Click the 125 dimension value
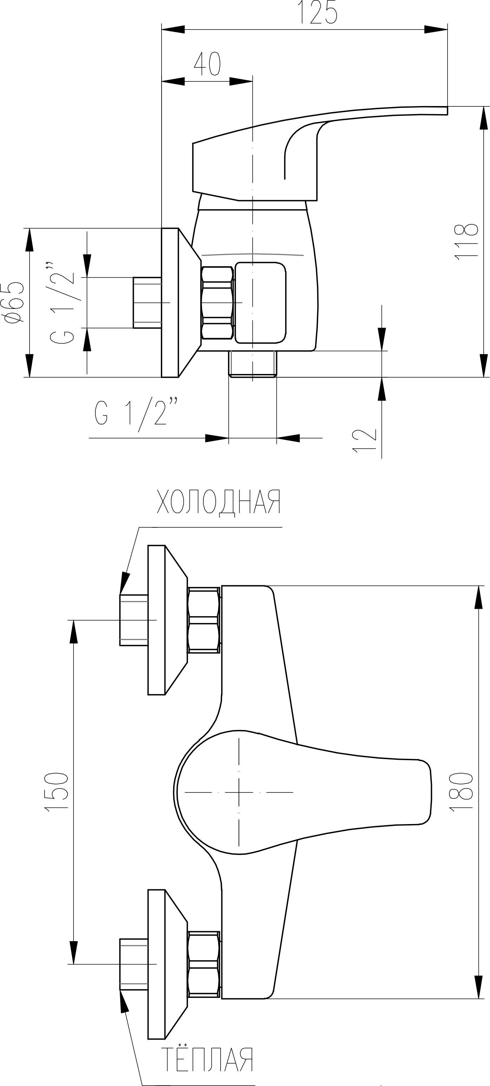point(318,13)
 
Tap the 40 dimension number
point(207,64)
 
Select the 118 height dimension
point(467,241)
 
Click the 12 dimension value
point(364,441)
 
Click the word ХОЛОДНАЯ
point(218,502)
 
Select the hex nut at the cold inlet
point(204,620)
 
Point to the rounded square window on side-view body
point(260,303)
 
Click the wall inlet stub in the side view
point(147,303)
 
